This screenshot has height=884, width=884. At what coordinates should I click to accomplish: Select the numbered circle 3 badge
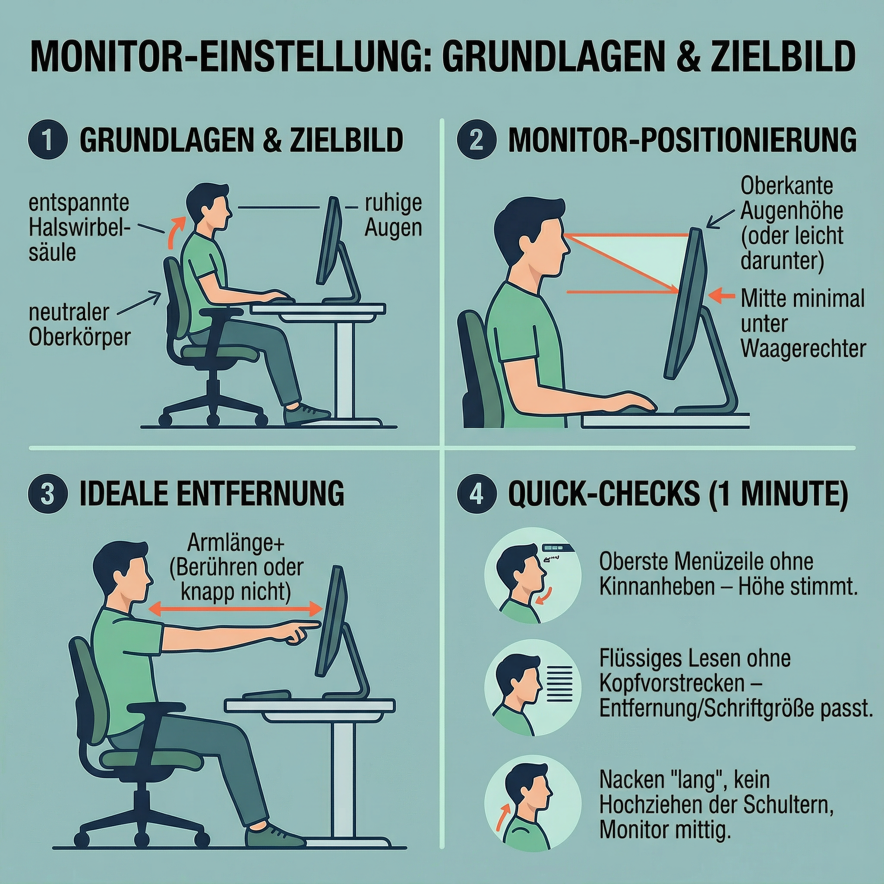tap(47, 494)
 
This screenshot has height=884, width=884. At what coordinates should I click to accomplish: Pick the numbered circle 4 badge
tap(477, 494)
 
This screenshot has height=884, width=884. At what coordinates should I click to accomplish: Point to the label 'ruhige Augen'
tap(393, 215)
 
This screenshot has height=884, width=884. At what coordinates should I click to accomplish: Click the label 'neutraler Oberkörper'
tap(79, 325)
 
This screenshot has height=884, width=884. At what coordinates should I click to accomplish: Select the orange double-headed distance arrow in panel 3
tap(236, 609)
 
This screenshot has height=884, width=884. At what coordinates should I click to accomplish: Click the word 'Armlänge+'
tap(236, 543)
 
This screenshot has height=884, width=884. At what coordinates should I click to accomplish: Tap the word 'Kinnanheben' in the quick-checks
tap(657, 587)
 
